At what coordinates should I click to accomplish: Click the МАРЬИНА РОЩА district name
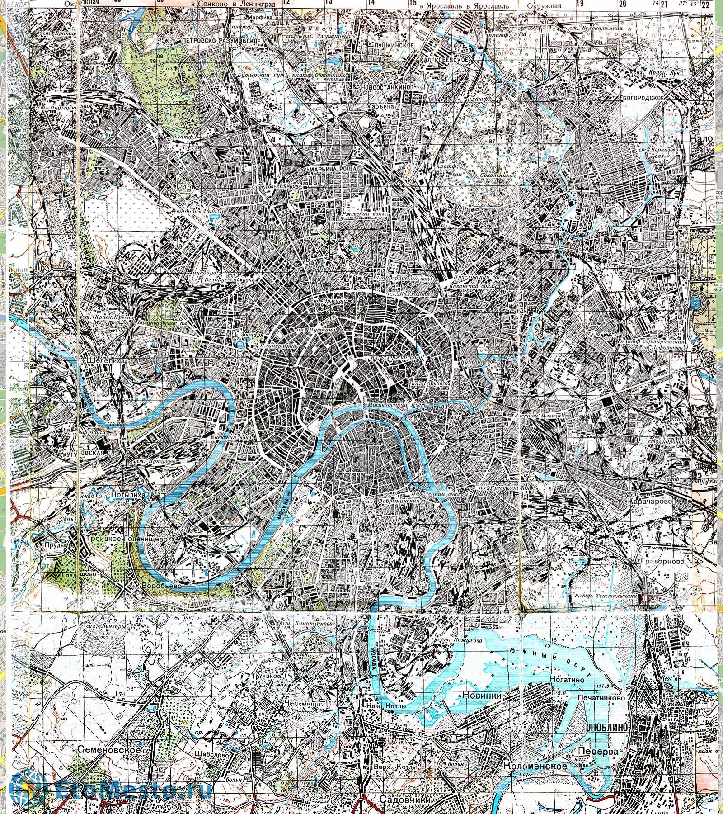click(333, 169)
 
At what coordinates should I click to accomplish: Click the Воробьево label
click(161, 586)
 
